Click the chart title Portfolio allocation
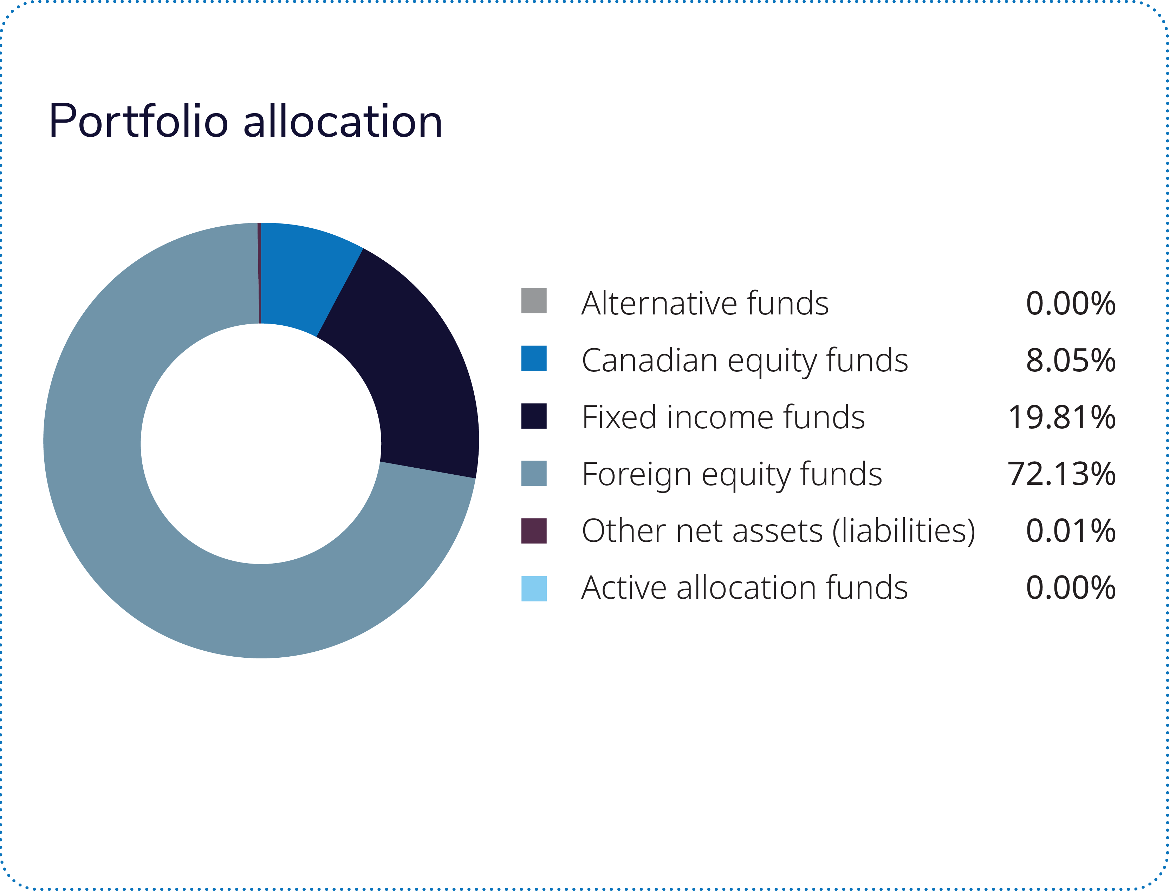245,122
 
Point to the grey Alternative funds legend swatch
534,301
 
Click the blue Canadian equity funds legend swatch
534,358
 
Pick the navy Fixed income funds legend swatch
534,416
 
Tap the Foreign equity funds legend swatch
534,473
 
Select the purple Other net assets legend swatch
534,531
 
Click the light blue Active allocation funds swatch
534,588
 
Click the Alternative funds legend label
705,303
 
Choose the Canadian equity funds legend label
745,360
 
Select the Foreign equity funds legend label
732,475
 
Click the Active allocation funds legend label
745,588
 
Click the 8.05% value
1070,360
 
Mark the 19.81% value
1062,417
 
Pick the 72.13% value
1062,474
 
